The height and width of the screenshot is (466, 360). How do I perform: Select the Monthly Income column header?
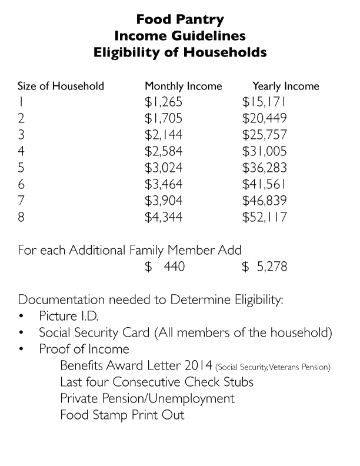184,86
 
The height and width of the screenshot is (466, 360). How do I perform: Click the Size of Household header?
61,86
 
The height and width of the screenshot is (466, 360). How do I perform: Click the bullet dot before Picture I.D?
22,316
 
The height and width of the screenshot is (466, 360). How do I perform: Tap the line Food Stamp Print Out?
122,415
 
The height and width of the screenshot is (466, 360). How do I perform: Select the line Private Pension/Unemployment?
147,399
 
